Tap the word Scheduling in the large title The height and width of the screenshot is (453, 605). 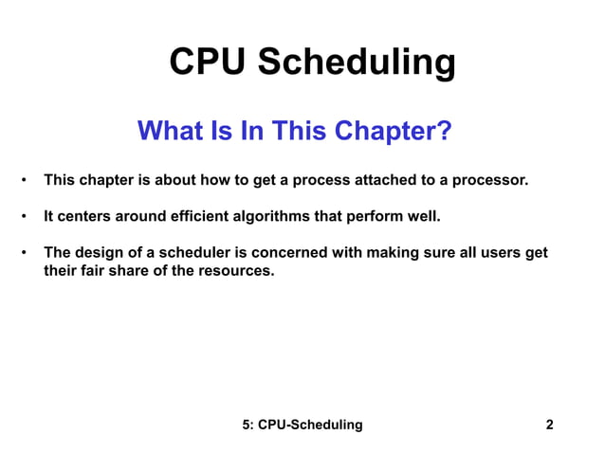click(x=357, y=64)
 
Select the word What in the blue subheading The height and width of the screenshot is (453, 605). click(x=172, y=131)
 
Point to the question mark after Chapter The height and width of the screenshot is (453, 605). click(x=443, y=131)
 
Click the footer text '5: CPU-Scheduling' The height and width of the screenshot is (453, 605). click(x=302, y=425)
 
